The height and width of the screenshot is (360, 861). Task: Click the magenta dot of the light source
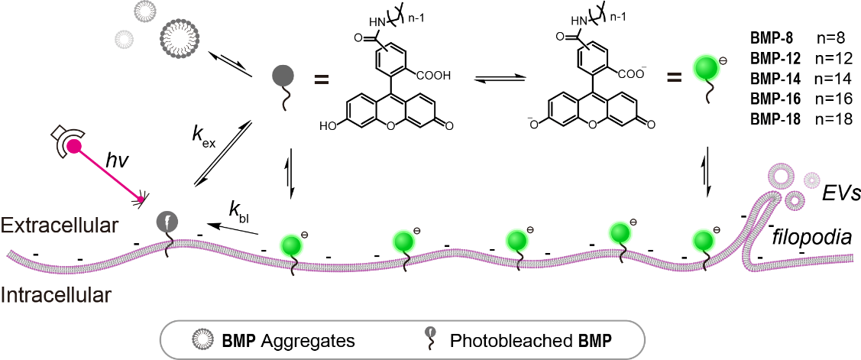pos(74,147)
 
